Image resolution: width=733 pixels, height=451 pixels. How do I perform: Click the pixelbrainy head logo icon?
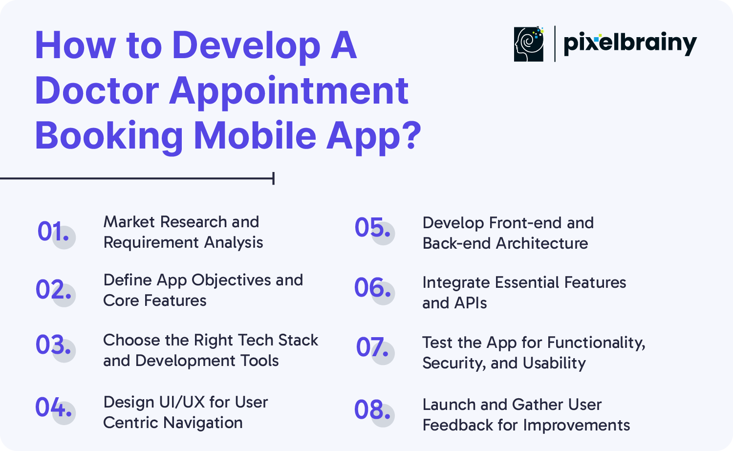[528, 44]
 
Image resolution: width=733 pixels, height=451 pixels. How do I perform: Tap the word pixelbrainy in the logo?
[630, 43]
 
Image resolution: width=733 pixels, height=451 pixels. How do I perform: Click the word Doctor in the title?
[97, 90]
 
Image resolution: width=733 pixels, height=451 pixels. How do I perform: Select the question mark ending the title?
[410, 135]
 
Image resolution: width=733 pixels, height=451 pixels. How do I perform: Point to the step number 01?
[53, 231]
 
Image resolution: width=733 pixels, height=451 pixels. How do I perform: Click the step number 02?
[53, 289]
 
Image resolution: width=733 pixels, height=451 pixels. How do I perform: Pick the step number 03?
[53, 344]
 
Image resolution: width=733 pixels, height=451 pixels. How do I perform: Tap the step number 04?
[53, 407]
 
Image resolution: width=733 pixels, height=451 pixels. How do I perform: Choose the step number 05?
[372, 227]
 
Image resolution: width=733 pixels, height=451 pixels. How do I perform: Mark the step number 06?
[372, 287]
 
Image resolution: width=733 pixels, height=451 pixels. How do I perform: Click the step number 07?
[372, 347]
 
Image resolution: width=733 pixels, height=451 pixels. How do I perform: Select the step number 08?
[372, 409]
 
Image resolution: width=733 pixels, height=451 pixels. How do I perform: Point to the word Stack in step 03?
[298, 340]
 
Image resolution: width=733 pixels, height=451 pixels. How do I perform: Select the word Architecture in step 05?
[542, 243]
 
